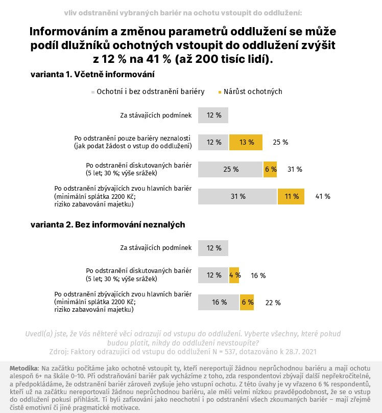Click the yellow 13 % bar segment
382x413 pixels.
coord(246,142)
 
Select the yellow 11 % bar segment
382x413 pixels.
coord(291,196)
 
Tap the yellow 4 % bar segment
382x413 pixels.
coord(234,275)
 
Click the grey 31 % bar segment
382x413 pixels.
coord(237,196)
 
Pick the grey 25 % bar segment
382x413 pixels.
coord(230,169)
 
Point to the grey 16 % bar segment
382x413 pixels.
coord(219,303)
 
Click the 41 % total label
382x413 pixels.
coord(323,196)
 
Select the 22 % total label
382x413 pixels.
coord(273,303)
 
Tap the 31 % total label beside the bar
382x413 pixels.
coord(295,169)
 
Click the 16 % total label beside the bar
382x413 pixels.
coord(258,276)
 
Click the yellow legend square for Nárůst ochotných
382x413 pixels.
coord(220,92)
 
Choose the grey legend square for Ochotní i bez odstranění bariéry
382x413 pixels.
coord(93,92)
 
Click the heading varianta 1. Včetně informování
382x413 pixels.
coord(92,75)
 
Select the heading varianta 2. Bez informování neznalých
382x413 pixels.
coord(108,225)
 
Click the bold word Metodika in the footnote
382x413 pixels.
coord(24,368)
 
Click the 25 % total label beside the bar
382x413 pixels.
coord(280,142)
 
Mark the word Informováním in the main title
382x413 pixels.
coord(69,32)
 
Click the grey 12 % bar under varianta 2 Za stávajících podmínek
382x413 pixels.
coord(213,248)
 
